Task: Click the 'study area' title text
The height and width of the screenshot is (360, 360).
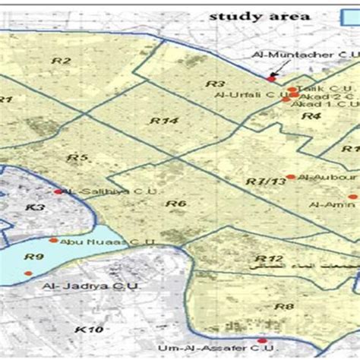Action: click(250, 16)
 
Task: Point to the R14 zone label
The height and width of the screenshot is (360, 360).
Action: click(163, 121)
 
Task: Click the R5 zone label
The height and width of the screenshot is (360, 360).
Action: click(77, 158)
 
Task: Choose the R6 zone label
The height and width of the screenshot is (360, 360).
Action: click(176, 204)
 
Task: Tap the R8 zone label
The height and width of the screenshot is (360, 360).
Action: click(284, 307)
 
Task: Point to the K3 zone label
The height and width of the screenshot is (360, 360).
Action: click(35, 207)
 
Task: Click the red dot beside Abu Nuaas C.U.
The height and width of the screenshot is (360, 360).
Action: click(53, 240)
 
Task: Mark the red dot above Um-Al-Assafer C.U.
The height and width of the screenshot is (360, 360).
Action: click(262, 341)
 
